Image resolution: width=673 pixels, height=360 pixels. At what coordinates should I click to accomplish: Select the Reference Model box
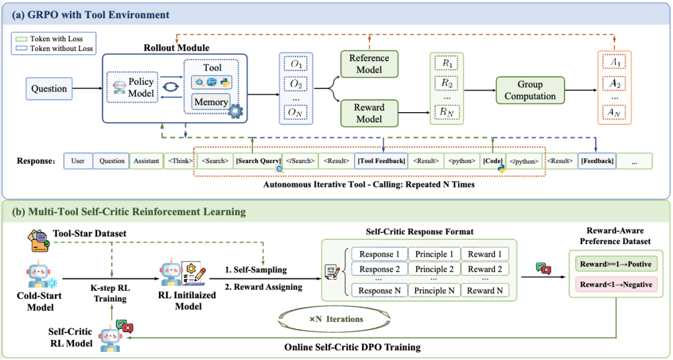point(369,64)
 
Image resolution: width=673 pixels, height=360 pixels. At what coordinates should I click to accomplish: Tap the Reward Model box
point(369,113)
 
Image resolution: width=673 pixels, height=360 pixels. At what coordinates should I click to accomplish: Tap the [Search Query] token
point(257,161)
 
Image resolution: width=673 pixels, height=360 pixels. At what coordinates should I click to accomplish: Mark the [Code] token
point(492,161)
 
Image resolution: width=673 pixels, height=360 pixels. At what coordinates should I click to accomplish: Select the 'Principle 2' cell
point(434,269)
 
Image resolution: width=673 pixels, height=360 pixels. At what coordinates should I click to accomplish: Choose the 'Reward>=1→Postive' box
point(614,263)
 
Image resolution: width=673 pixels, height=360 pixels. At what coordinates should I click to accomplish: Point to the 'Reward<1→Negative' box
point(614,285)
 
